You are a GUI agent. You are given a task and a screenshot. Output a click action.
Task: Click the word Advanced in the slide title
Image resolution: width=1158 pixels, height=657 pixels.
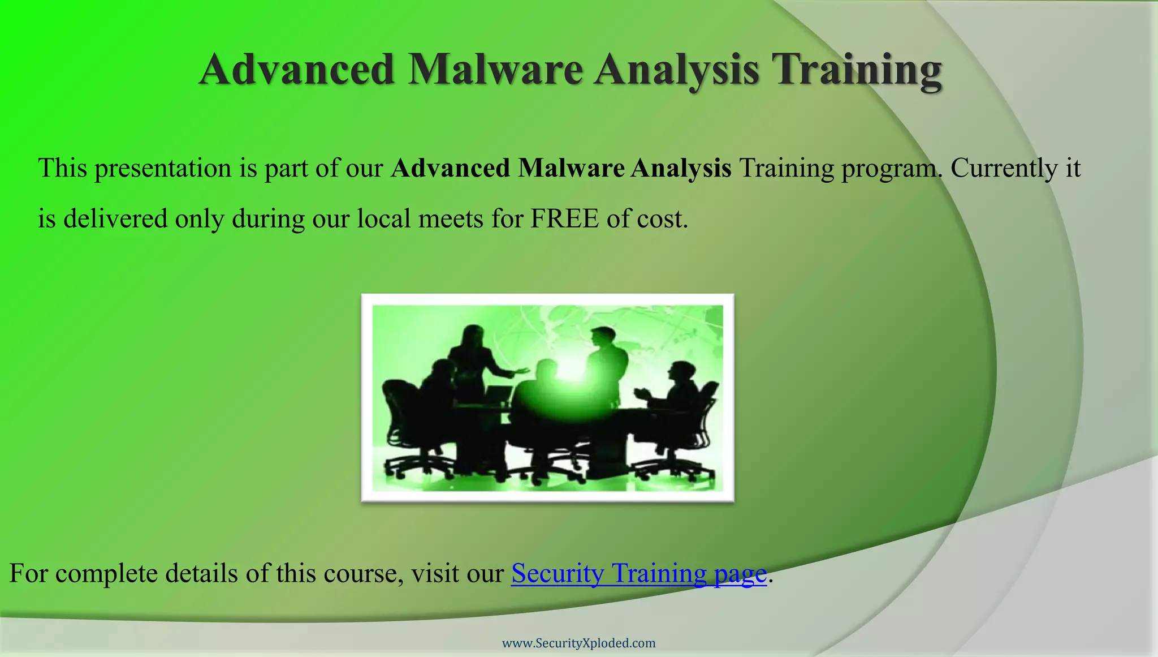(296, 70)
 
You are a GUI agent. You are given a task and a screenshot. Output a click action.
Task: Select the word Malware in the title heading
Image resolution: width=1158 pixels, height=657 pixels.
(495, 70)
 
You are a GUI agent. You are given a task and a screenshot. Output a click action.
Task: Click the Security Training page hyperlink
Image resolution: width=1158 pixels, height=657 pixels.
(638, 573)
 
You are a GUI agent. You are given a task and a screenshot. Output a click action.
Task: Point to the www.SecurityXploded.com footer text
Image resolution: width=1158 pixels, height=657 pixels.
(579, 643)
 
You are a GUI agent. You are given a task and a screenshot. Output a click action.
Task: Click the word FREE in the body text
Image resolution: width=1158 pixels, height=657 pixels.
(564, 218)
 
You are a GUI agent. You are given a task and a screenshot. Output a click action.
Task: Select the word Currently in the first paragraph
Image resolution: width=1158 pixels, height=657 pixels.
(1004, 168)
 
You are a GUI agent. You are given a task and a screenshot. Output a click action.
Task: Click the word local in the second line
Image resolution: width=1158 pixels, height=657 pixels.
(383, 218)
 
